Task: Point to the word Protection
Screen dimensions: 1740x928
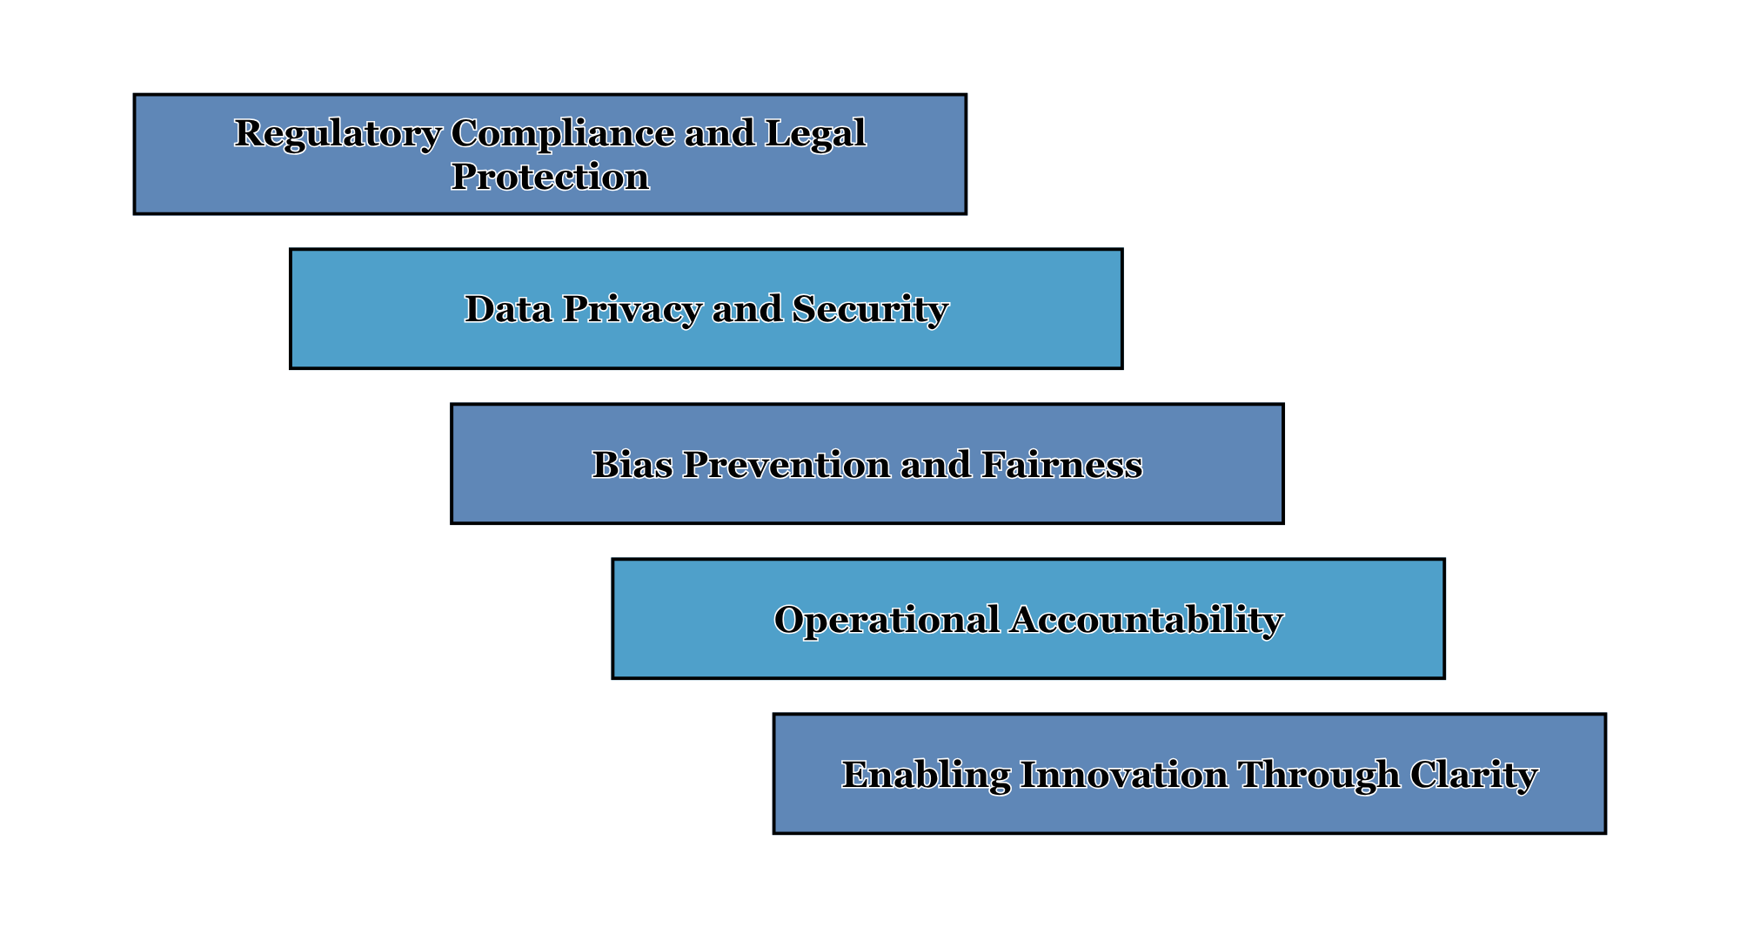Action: pos(550,177)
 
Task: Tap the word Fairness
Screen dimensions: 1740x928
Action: pos(1062,465)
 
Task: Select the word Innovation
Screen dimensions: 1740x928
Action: pos(1124,775)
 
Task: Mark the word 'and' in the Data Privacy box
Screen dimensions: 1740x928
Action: pos(746,309)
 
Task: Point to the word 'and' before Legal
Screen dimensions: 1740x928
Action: pos(719,133)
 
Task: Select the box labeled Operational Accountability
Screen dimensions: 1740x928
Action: pos(1028,619)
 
